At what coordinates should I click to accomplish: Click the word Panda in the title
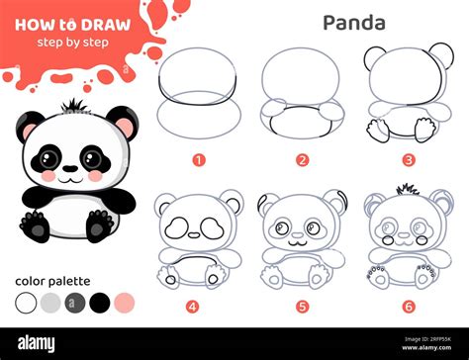coord(355,21)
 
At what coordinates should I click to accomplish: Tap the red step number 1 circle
coord(199,158)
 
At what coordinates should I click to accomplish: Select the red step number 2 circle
coord(302,158)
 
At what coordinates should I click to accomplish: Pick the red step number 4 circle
coord(193,306)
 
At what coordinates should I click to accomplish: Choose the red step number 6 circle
coord(406,306)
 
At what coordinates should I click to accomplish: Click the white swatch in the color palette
coord(26,302)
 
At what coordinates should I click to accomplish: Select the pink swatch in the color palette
coord(124,302)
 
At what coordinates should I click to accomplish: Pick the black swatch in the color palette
coord(99,302)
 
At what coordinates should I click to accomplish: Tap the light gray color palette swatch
coord(50,302)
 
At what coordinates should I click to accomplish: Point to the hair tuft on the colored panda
coord(72,106)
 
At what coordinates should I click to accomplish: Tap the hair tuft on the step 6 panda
coord(406,188)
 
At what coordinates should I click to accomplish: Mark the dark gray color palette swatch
coord(75,302)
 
